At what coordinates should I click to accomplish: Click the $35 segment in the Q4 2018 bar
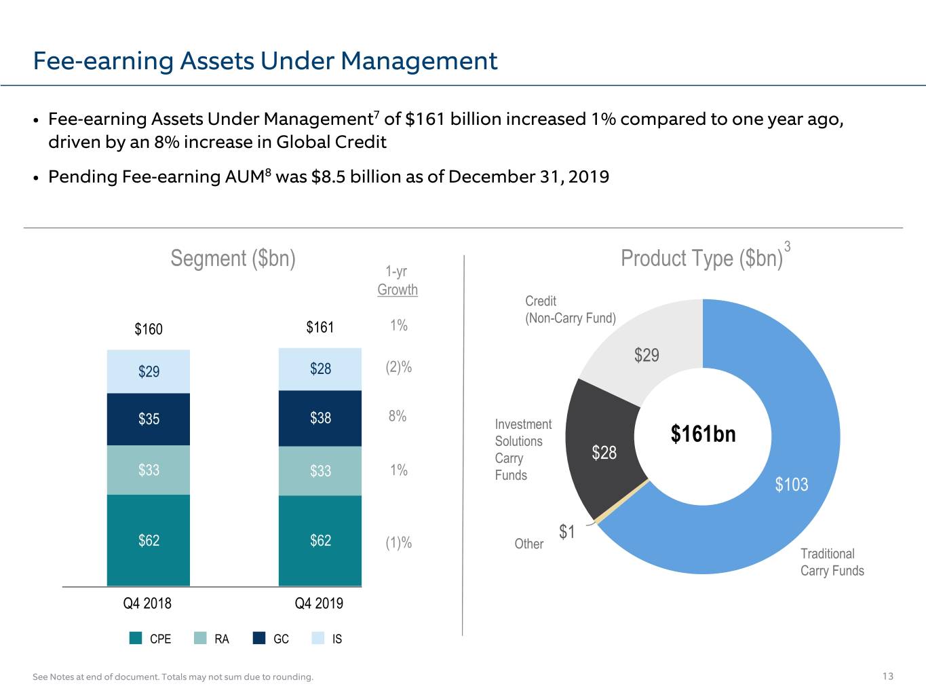pyautogui.click(x=148, y=419)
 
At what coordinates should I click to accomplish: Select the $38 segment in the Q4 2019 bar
pyautogui.click(x=320, y=418)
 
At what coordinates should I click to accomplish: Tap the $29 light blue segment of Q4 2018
pyautogui.click(x=148, y=371)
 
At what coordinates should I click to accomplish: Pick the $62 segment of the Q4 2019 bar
pyautogui.click(x=320, y=540)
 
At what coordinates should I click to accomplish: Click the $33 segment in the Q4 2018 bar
pyautogui.click(x=148, y=470)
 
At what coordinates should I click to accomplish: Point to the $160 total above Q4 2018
pyautogui.click(x=149, y=328)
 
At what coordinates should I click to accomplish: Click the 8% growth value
pyautogui.click(x=398, y=416)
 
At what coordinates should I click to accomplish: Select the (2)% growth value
pyautogui.click(x=399, y=367)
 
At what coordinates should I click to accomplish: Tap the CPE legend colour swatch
pyautogui.click(x=136, y=638)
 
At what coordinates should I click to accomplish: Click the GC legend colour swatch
pyautogui.click(x=259, y=638)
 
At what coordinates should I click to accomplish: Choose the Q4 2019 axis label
pyautogui.click(x=319, y=603)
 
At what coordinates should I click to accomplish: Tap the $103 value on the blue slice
pyautogui.click(x=792, y=485)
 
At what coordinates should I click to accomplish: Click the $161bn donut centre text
pyautogui.click(x=703, y=434)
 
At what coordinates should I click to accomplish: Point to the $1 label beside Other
pyautogui.click(x=566, y=531)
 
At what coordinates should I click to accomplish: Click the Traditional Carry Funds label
pyautogui.click(x=832, y=562)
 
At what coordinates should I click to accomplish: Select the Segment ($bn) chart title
pyautogui.click(x=233, y=259)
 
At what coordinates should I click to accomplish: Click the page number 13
pyautogui.click(x=888, y=677)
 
